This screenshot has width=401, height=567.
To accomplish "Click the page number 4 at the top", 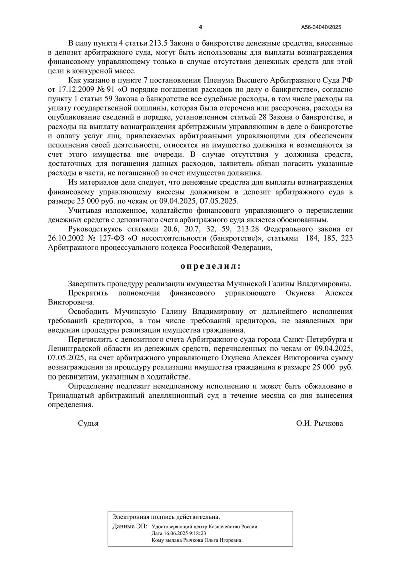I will [200, 27].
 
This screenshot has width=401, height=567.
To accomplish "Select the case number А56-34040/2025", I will [321, 27].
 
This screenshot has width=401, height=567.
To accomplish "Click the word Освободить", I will [91, 312].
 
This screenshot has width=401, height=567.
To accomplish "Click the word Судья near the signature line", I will [88, 423].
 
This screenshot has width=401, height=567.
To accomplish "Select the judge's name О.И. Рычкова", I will [320, 423].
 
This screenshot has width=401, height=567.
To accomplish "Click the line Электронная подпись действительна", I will [166, 516].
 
